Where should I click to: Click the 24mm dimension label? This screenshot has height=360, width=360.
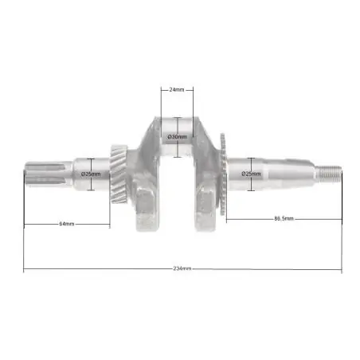[x=177, y=90]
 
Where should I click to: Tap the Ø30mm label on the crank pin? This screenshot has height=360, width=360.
[x=177, y=137]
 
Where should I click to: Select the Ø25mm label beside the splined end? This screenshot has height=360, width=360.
[x=91, y=174]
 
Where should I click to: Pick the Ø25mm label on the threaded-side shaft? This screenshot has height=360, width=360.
[x=251, y=174]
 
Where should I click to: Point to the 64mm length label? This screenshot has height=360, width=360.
[x=67, y=224]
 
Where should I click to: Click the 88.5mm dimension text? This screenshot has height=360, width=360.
[x=284, y=219]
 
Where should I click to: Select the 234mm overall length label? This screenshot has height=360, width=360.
[x=182, y=268]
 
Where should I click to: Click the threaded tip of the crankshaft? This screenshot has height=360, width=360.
[x=328, y=174]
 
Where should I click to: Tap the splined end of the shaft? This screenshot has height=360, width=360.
[x=49, y=174]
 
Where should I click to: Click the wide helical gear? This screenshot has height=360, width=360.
[x=119, y=174]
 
